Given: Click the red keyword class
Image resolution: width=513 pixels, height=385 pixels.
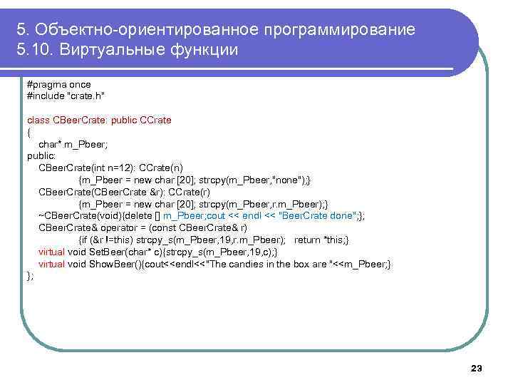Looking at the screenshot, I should point(38,120).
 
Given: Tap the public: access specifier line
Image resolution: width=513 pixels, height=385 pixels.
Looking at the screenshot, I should point(42,155).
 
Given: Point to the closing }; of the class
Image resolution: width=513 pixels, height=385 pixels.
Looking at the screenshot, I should point(31,276).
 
